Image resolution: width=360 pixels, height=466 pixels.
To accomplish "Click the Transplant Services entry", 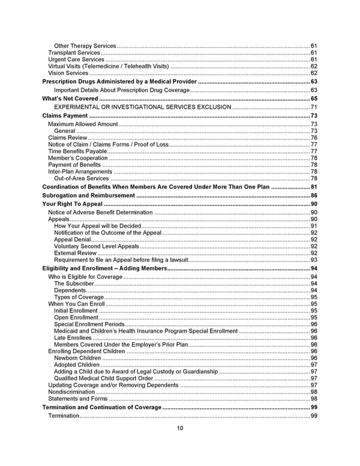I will (x=74, y=53).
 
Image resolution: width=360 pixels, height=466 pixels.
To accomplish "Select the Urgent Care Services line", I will (x=76, y=59).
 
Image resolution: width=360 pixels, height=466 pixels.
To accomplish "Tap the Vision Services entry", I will (x=68, y=73).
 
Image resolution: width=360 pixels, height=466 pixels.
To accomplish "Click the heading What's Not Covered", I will (x=70, y=98).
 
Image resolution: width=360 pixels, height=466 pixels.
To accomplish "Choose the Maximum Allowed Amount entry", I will (x=83, y=124).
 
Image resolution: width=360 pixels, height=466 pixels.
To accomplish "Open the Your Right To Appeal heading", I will (x=71, y=204).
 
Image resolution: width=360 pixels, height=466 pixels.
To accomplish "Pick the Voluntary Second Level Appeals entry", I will (x=96, y=246).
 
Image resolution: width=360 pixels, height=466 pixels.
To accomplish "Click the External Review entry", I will (x=75, y=253).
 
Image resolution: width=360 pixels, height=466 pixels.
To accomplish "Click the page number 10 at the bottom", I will (x=180, y=428).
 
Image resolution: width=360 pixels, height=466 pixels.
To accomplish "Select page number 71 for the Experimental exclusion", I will (x=314, y=107).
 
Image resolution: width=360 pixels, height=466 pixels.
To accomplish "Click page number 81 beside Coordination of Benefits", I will (x=314, y=187).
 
